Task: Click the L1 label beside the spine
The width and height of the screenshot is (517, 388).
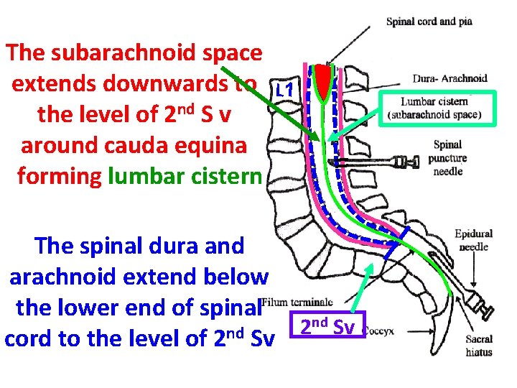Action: pyautogui.click(x=284, y=91)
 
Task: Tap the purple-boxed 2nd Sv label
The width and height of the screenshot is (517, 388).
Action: pyautogui.click(x=327, y=328)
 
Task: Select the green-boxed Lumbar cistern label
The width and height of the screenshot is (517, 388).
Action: pyautogui.click(x=437, y=108)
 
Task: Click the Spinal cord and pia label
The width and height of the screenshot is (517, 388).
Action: pyautogui.click(x=429, y=22)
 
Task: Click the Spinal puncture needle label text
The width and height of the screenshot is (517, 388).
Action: pyautogui.click(x=447, y=158)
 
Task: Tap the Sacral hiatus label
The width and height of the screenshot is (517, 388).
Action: pyautogui.click(x=478, y=345)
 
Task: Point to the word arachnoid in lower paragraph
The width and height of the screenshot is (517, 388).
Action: pyautogui.click(x=80, y=276)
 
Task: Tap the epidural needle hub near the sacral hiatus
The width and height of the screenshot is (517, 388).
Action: pyautogui.click(x=479, y=309)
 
